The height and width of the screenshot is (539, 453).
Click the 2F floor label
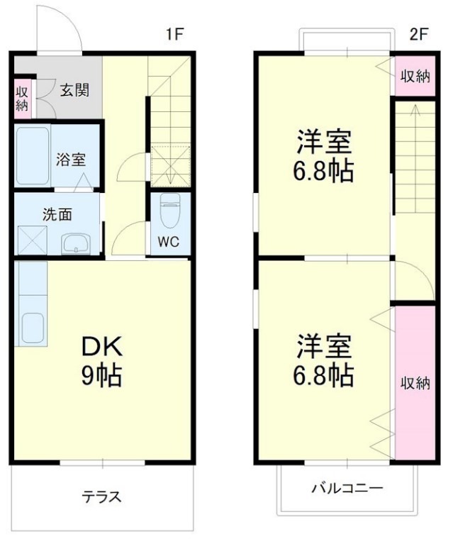click(419, 34)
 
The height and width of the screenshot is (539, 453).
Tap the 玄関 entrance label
click(74, 90)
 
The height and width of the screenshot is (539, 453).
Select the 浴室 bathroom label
click(71, 159)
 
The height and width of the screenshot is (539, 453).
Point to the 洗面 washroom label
click(57, 215)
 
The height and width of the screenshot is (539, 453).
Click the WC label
click(168, 241)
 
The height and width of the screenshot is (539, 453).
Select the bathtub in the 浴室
click(32, 156)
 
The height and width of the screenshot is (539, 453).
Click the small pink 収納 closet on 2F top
click(415, 77)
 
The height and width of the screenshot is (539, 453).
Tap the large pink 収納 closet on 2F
click(415, 383)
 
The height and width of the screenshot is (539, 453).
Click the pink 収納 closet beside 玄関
click(22, 99)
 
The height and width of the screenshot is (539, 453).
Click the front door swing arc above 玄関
click(64, 28)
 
